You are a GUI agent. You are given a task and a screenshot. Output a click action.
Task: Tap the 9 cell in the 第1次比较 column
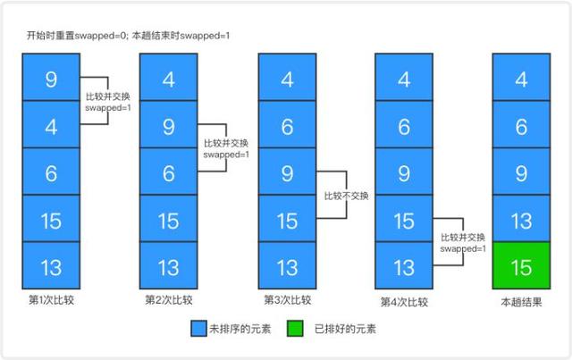click(51, 78)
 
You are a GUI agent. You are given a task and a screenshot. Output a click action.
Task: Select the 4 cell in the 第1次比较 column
click(51, 125)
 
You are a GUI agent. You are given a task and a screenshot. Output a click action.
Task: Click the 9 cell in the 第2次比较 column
click(169, 125)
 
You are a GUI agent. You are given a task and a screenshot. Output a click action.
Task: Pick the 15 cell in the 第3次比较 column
click(287, 219)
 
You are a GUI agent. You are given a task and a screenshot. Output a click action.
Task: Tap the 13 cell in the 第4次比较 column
click(405, 266)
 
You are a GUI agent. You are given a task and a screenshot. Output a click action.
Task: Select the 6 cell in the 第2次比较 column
click(169, 172)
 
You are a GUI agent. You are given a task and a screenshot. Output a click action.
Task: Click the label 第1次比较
click(51, 301)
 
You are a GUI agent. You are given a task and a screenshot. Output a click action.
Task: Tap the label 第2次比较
click(169, 301)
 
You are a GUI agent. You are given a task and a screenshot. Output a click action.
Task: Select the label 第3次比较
click(287, 301)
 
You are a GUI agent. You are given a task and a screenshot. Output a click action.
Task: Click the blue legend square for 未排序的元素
click(198, 330)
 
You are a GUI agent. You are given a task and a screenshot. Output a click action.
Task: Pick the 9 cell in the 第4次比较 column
click(405, 172)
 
